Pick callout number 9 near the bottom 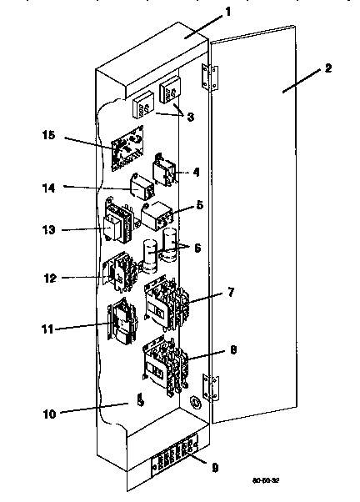click(x=215, y=468)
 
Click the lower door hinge click(x=213, y=386)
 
